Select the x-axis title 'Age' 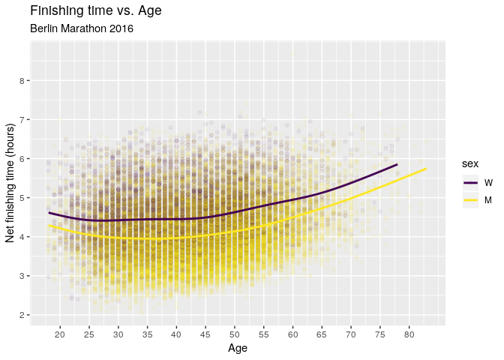238,348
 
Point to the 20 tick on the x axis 60,334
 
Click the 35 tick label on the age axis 147,334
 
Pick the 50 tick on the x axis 234,334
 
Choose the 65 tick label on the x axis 322,334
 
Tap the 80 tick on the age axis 409,334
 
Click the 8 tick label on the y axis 22,80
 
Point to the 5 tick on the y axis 22,198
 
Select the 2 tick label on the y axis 22,315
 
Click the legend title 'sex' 469,163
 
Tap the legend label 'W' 488,182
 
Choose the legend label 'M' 488,200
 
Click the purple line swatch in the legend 471,182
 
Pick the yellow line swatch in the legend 471,200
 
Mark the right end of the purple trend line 397,164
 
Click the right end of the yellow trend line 426,169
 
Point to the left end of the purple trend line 49,213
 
